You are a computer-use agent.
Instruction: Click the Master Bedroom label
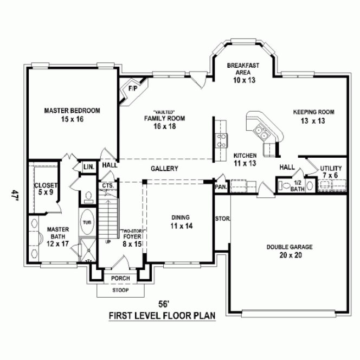pos(72,114)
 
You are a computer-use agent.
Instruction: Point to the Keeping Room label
pos(313,117)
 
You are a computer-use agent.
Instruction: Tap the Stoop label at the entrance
pos(120,290)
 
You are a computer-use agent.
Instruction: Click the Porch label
pos(120,278)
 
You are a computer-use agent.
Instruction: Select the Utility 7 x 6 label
pos(330,172)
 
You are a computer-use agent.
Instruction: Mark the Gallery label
pos(164,169)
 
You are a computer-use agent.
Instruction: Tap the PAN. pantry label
pos(221,186)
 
